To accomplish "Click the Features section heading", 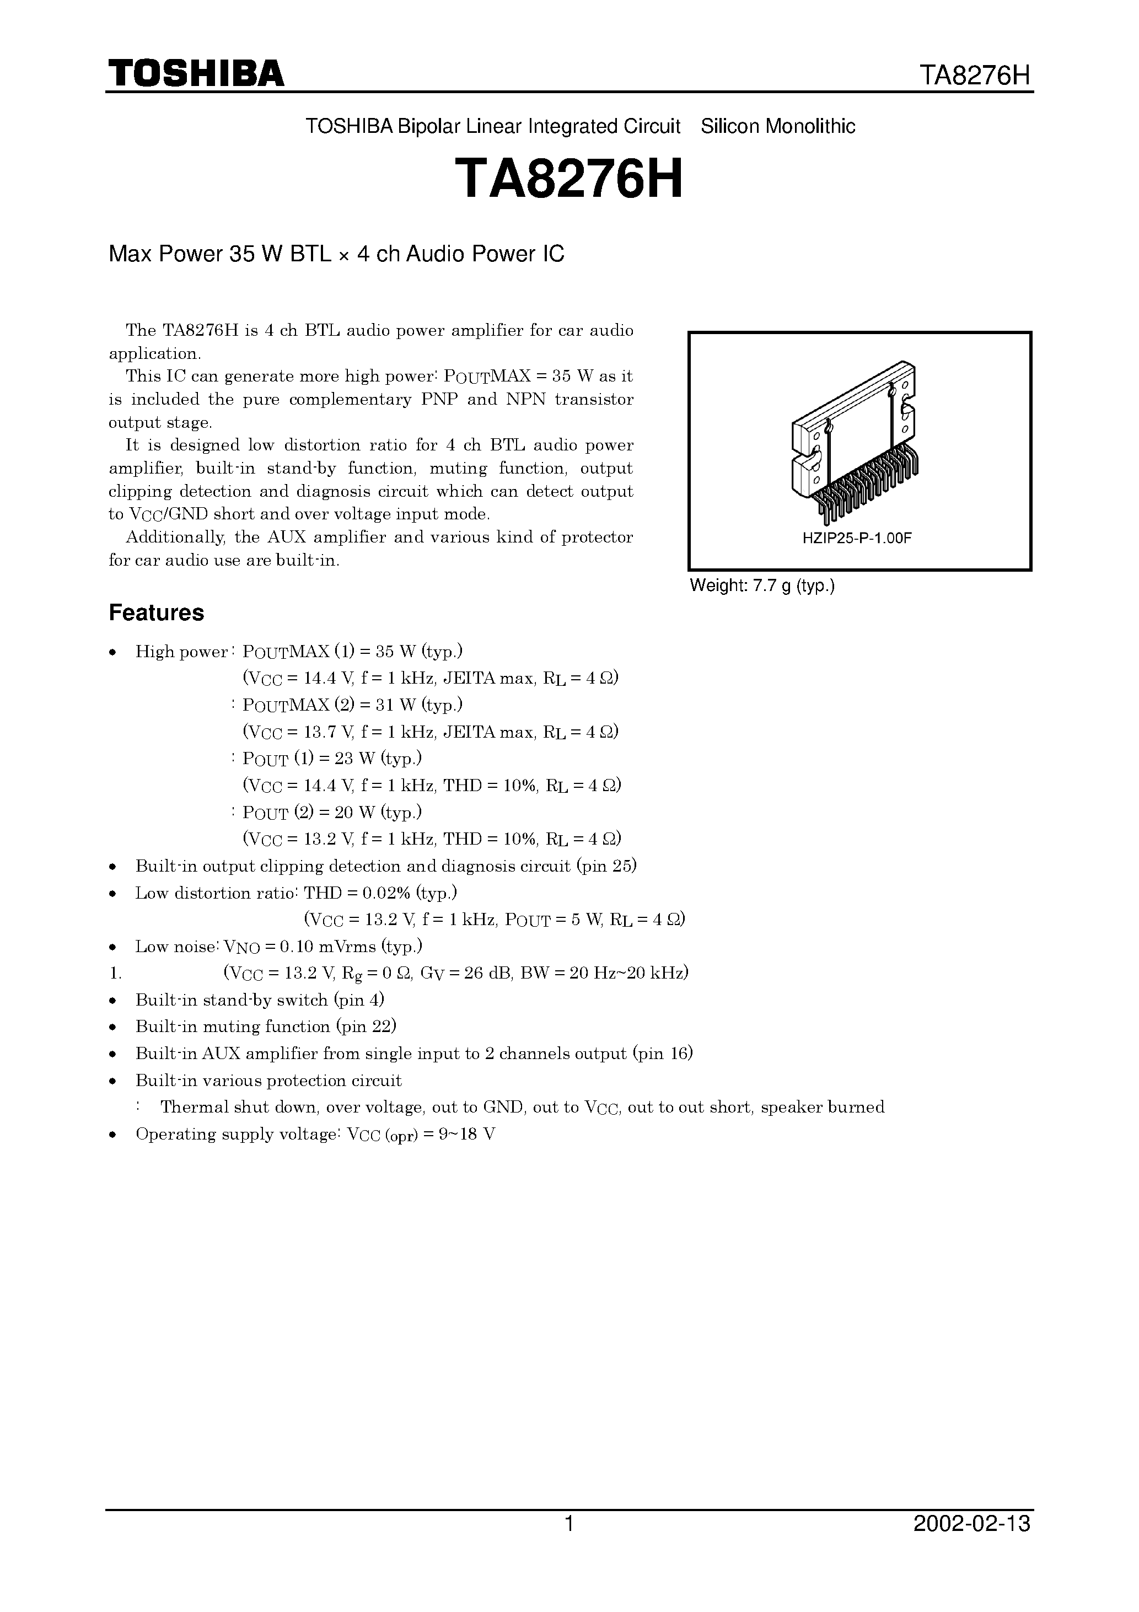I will [x=156, y=613].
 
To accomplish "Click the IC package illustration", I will [x=855, y=442].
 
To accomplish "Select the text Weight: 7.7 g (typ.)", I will [x=762, y=585].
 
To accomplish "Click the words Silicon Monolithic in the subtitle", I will [x=778, y=126].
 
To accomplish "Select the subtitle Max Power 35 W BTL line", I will [x=336, y=254].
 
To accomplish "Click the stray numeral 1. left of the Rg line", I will [x=116, y=974].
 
